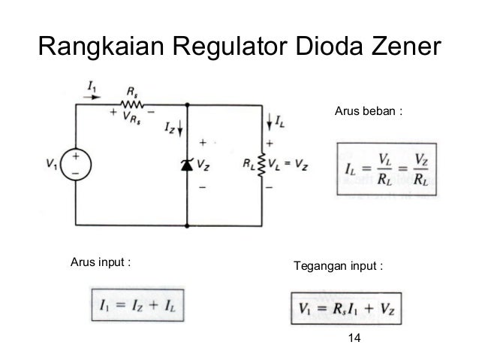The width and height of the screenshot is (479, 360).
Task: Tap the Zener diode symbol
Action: (x=187, y=164)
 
